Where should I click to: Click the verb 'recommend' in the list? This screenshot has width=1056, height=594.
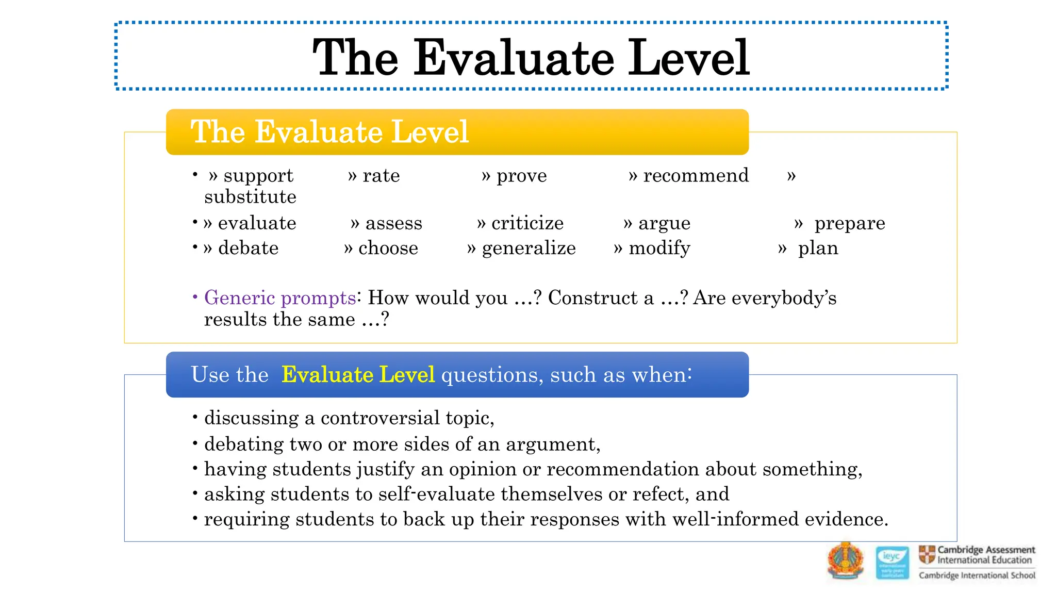[x=696, y=176]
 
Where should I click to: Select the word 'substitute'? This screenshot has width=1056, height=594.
[x=250, y=197]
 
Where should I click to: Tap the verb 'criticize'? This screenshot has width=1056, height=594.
[x=527, y=223]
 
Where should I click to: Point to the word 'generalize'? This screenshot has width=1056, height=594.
[x=529, y=249]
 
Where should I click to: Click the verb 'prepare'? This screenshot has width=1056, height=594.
[x=849, y=223]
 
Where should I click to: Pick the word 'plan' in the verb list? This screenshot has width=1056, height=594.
[x=818, y=249]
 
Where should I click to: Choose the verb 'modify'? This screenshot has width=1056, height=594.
[x=659, y=249]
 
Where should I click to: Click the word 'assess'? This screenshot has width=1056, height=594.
[x=393, y=223]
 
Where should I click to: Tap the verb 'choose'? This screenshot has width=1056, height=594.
[x=388, y=249]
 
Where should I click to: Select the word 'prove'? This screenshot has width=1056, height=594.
[x=521, y=176]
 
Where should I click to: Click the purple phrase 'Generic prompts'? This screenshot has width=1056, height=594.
[x=279, y=298]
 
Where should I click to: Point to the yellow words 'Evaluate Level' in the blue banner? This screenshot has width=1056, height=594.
[x=358, y=375]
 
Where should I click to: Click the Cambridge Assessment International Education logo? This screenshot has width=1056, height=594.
[x=977, y=562]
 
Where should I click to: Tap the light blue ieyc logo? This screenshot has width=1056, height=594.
[x=893, y=562]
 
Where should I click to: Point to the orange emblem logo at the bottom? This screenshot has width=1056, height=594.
[x=845, y=561]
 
